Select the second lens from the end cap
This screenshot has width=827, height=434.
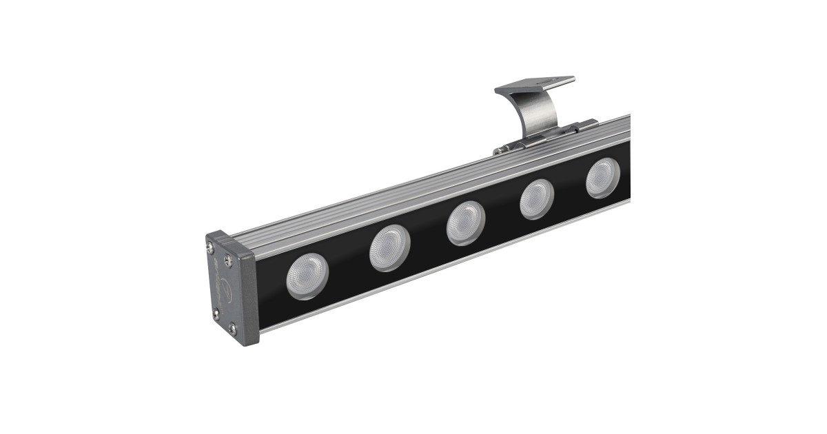pos(389,248)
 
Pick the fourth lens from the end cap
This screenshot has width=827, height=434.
pos(537,199)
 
